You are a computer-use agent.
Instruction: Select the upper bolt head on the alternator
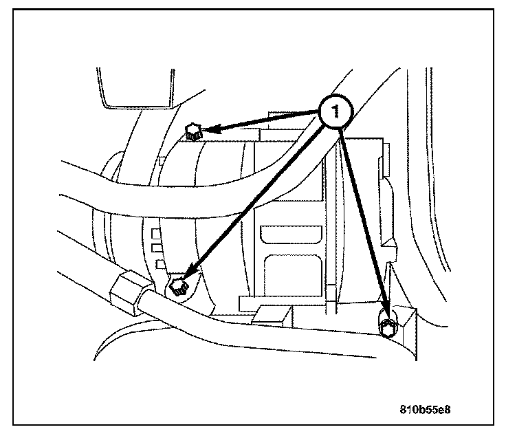(193, 130)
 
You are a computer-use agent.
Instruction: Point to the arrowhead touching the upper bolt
(213, 128)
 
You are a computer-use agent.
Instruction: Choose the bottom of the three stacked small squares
(159, 263)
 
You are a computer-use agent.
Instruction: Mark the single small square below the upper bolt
(160, 162)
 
